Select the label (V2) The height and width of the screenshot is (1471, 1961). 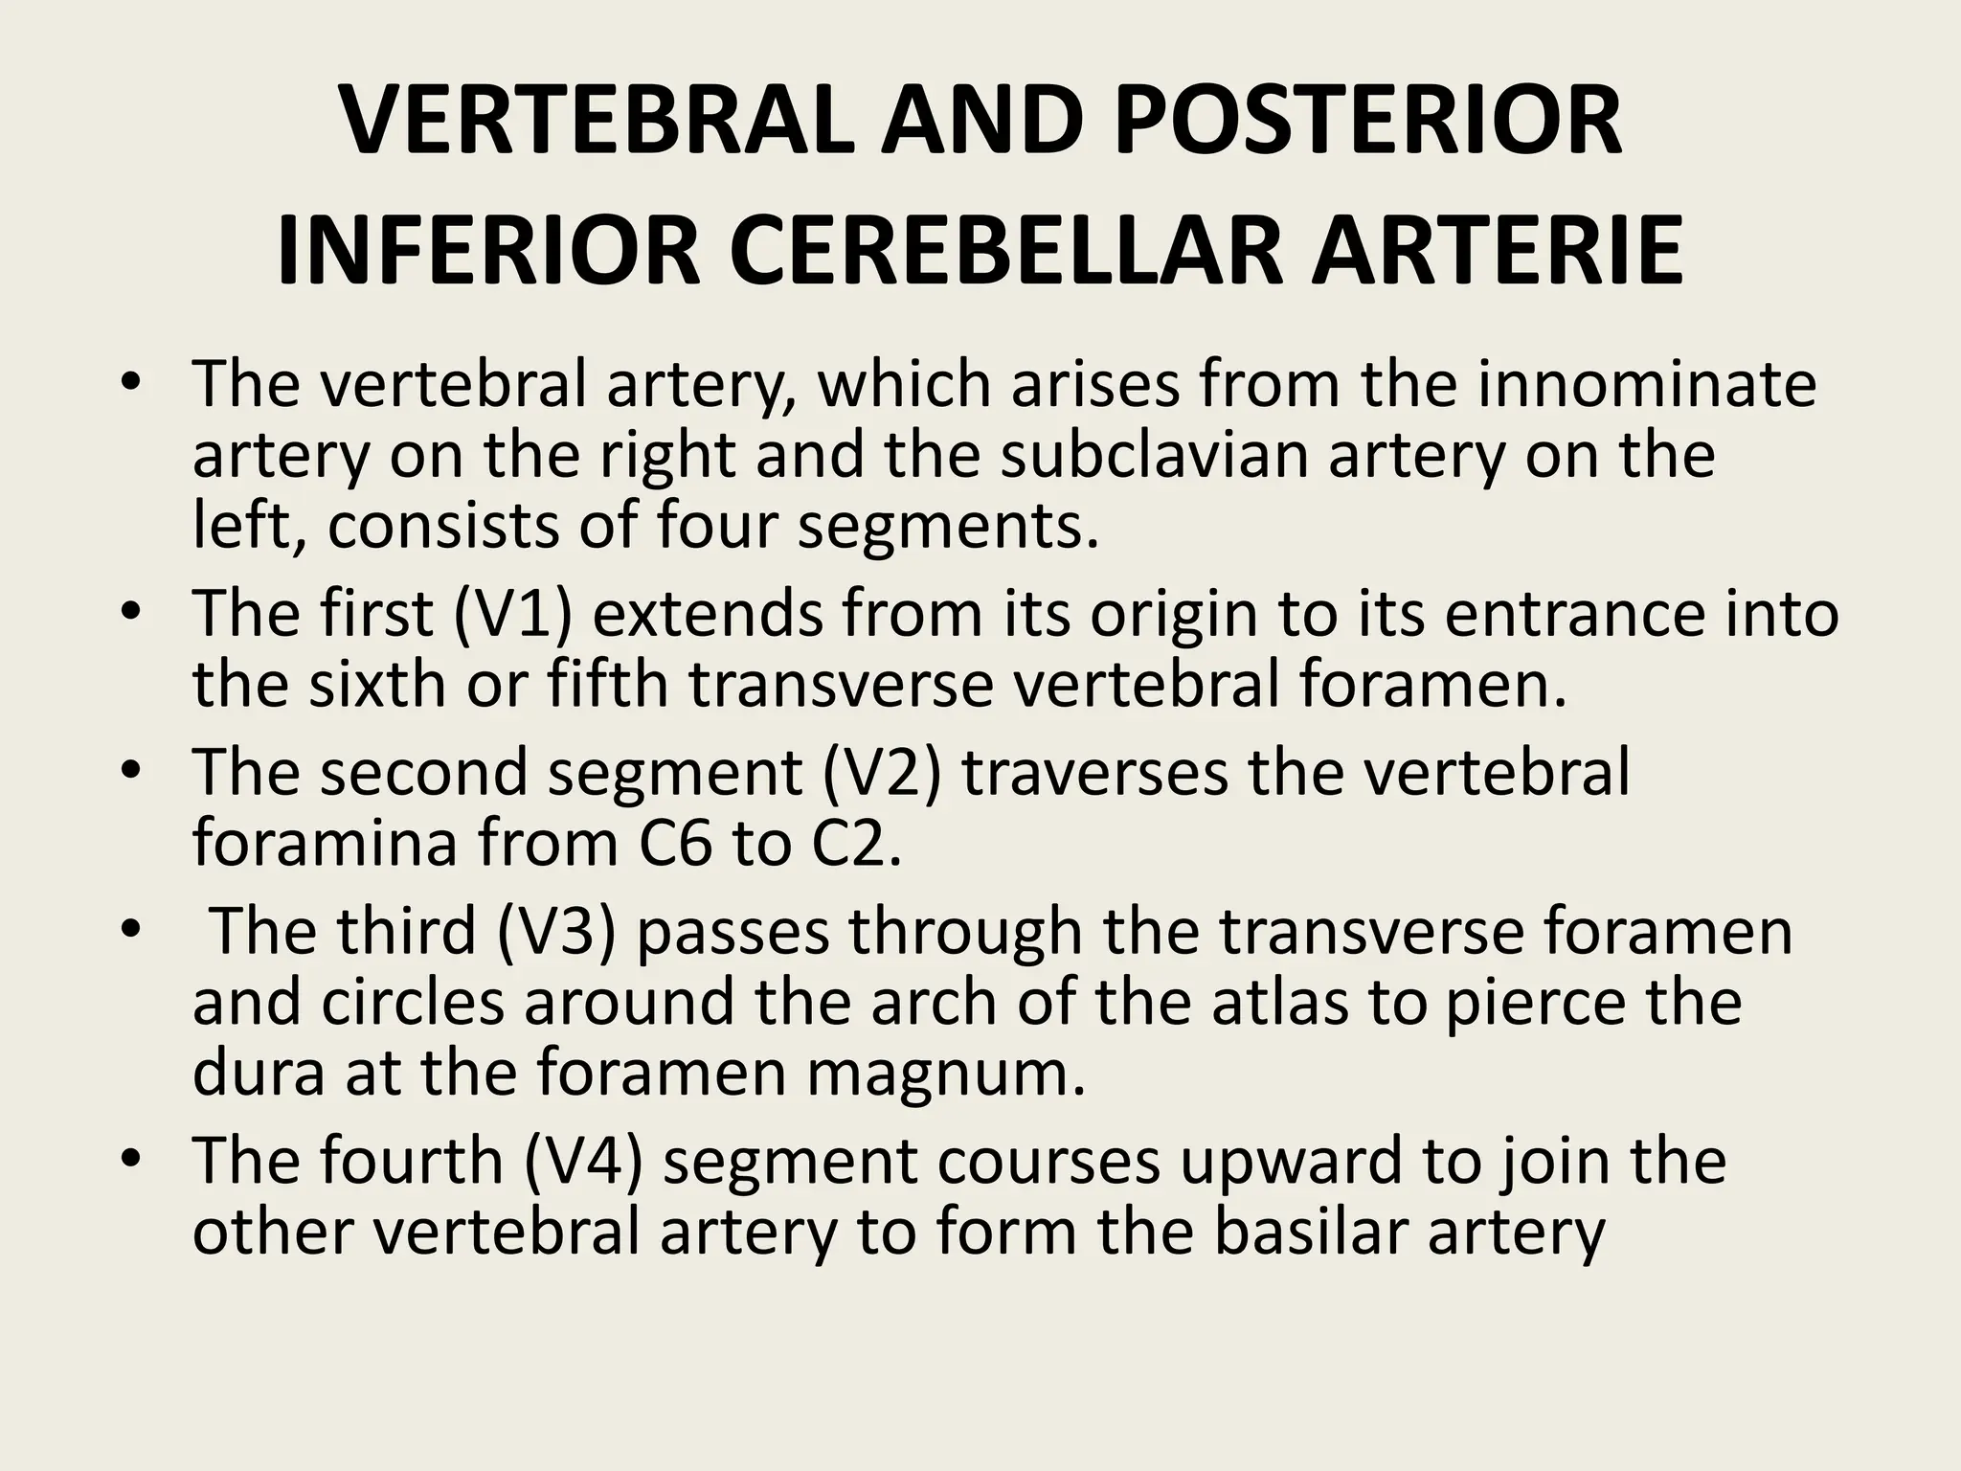coord(882,773)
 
